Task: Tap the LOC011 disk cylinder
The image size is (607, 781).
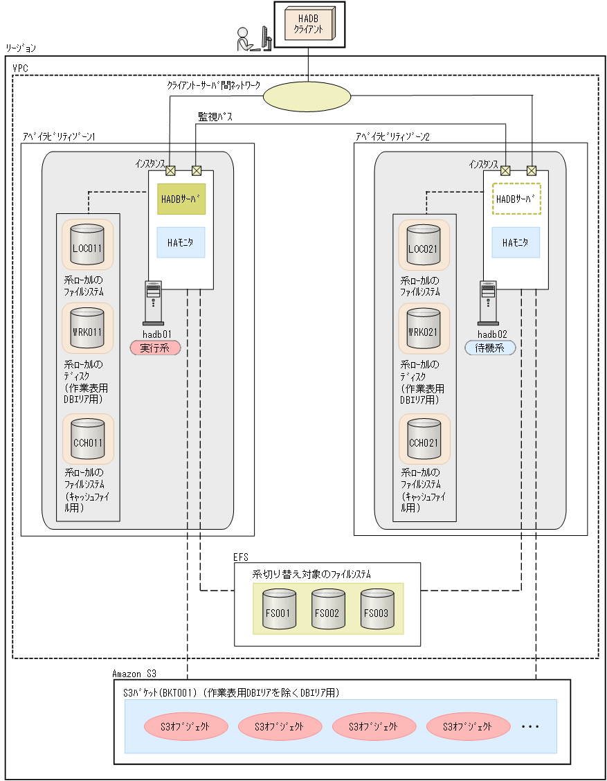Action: pyautogui.click(x=87, y=245)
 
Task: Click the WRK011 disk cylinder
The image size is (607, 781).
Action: pyautogui.click(x=87, y=330)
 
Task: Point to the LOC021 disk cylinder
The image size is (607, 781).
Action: pyautogui.click(x=424, y=245)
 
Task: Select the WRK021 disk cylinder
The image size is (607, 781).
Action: pyautogui.click(x=424, y=330)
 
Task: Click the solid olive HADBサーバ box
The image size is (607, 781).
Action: pyautogui.click(x=181, y=199)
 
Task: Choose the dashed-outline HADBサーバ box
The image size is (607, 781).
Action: pyautogui.click(x=516, y=199)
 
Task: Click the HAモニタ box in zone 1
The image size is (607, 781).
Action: pyautogui.click(x=181, y=242)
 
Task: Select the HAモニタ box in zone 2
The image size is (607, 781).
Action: pyautogui.click(x=516, y=242)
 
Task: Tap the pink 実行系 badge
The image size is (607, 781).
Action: pyautogui.click(x=155, y=348)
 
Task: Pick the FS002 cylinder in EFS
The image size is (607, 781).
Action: pyautogui.click(x=328, y=609)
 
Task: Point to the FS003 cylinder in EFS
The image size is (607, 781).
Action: pyautogui.click(x=377, y=609)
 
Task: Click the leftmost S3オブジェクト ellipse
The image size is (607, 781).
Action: pyautogui.click(x=186, y=726)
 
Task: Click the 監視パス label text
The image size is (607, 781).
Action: pyautogui.click(x=215, y=117)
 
